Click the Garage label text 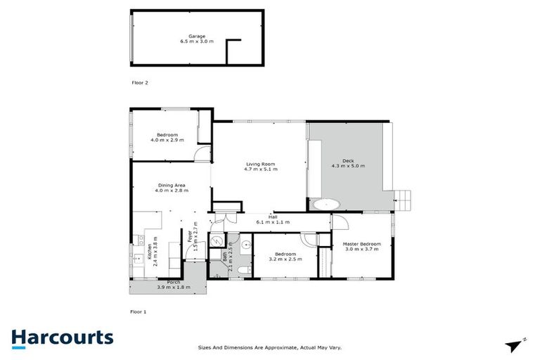point(196,36)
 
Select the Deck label point(348,160)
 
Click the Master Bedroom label point(361,244)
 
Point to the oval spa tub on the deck point(326,205)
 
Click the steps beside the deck point(404,200)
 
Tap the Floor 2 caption point(140,82)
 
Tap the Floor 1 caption point(139,310)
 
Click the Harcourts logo point(62,337)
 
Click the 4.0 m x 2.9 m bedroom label point(167,137)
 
